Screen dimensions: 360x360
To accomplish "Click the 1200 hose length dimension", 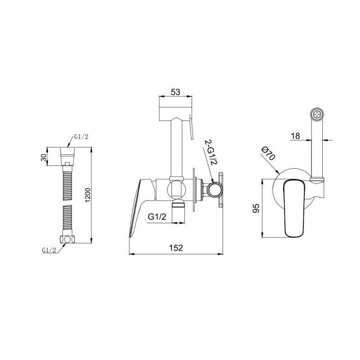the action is point(88,195).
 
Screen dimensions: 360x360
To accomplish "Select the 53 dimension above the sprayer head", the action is point(175,92).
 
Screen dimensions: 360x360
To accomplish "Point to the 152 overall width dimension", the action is point(176,248).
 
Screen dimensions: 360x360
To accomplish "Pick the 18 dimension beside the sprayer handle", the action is point(296,136).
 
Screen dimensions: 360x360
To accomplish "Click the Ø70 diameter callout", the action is point(269,153).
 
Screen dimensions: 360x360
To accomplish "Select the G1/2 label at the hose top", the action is point(81,137).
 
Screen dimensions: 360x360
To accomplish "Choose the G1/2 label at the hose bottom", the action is point(49,250).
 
